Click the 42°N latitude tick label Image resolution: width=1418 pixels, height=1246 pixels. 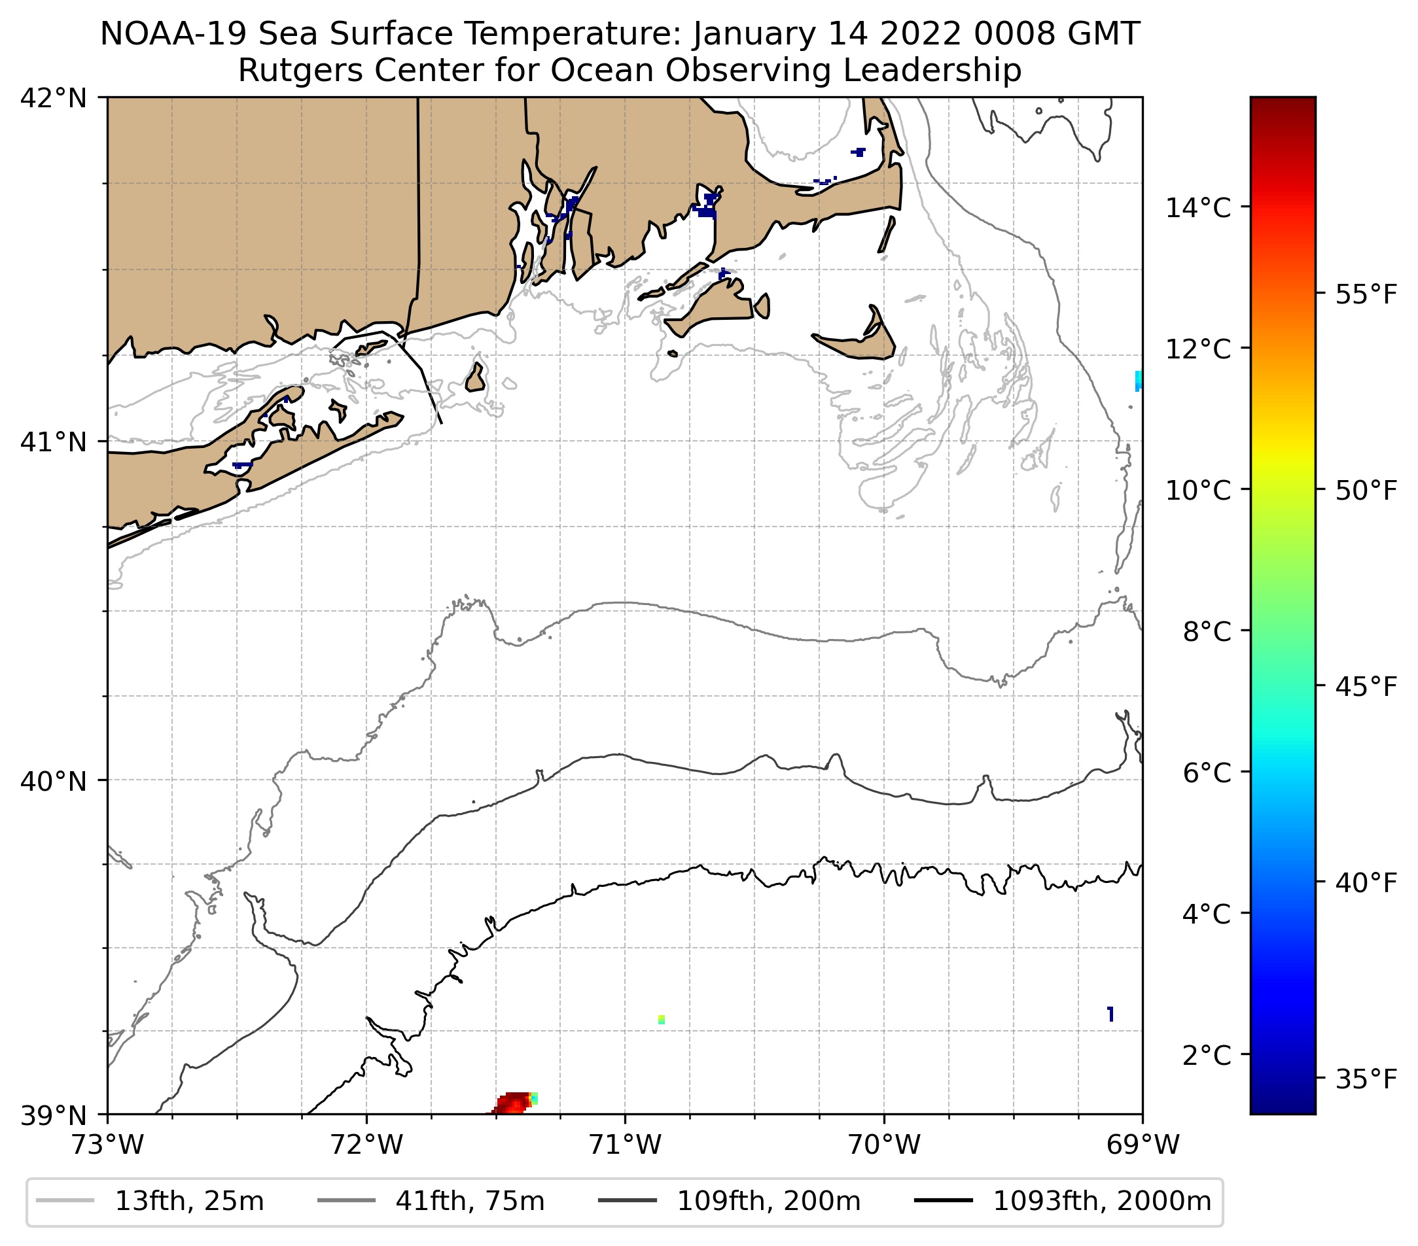[54, 99]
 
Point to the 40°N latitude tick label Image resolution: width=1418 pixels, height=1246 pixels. [54, 782]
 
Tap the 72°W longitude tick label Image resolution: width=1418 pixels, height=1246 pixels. [366, 1145]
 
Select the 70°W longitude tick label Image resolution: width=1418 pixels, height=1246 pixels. [885, 1145]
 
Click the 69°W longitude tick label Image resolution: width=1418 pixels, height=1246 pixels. [1143, 1145]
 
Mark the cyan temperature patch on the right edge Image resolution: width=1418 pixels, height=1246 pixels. [1138, 381]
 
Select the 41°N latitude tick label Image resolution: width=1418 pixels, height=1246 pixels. [54, 441]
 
